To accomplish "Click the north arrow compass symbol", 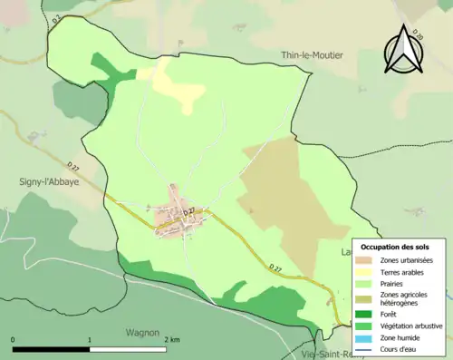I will coord(401,50).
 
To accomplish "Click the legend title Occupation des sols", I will coord(396,247).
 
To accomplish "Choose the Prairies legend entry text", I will coord(393,283).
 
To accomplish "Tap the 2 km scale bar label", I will coord(171,339).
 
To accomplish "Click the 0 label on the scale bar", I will coord(14,339).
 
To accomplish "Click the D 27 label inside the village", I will coord(191,212).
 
